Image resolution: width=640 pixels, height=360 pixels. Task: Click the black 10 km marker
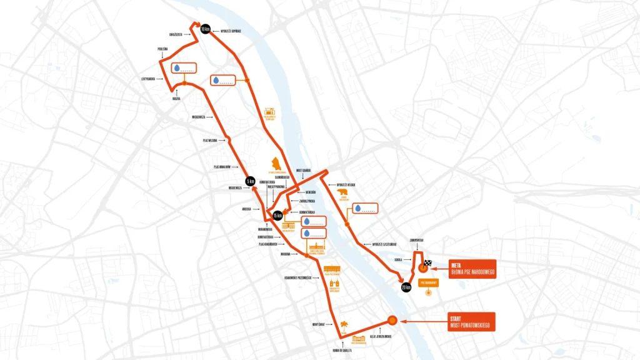pos(204,29)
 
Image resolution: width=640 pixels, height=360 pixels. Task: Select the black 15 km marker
pos(277,216)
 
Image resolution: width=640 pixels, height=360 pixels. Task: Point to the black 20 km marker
pos(406,287)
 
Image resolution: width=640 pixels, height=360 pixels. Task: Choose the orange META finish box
pos(472,267)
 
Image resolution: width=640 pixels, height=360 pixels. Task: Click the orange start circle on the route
pos(392,320)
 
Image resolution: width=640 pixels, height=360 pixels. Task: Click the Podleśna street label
pos(162,48)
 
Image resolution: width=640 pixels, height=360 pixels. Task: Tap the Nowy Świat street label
pos(318,324)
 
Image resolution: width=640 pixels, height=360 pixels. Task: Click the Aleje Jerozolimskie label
pos(380,336)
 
